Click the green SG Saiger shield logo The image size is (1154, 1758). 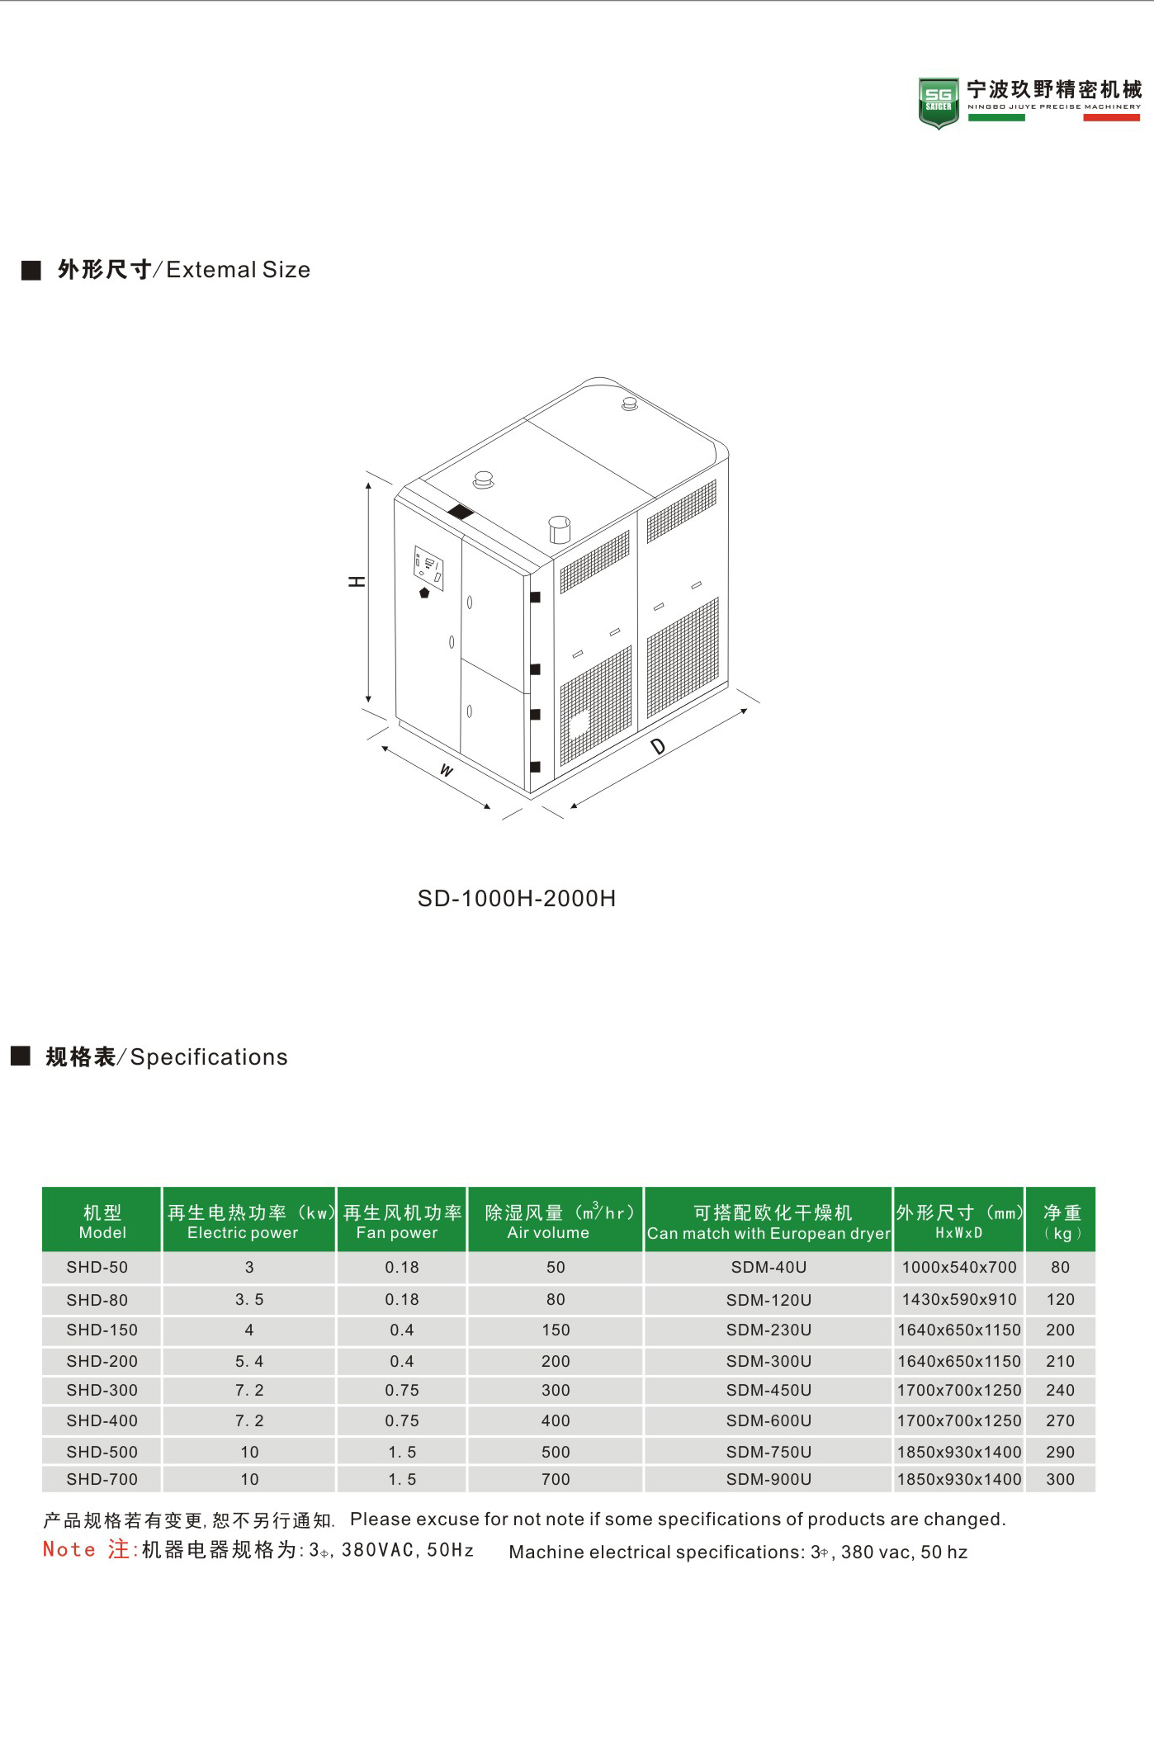939,102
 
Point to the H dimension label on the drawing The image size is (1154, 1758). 357,581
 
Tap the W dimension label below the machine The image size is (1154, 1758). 447,770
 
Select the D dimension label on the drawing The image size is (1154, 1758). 658,747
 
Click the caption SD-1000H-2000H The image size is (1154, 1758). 516,898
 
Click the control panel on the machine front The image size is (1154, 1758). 428,567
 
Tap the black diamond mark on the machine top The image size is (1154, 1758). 460,512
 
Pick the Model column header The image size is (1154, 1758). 102,1221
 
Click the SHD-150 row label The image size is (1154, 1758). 102,1330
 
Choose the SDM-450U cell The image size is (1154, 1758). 769,1390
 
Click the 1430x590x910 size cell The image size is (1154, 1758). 958,1299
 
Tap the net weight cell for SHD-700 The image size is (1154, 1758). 1060,1479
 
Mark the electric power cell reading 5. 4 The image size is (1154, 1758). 249,1361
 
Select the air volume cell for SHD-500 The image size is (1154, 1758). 556,1451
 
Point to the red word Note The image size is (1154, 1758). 69,1549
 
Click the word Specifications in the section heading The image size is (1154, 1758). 209,1056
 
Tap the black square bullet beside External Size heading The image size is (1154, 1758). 31,270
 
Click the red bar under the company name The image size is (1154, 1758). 1111,118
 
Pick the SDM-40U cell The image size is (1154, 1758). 769,1267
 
